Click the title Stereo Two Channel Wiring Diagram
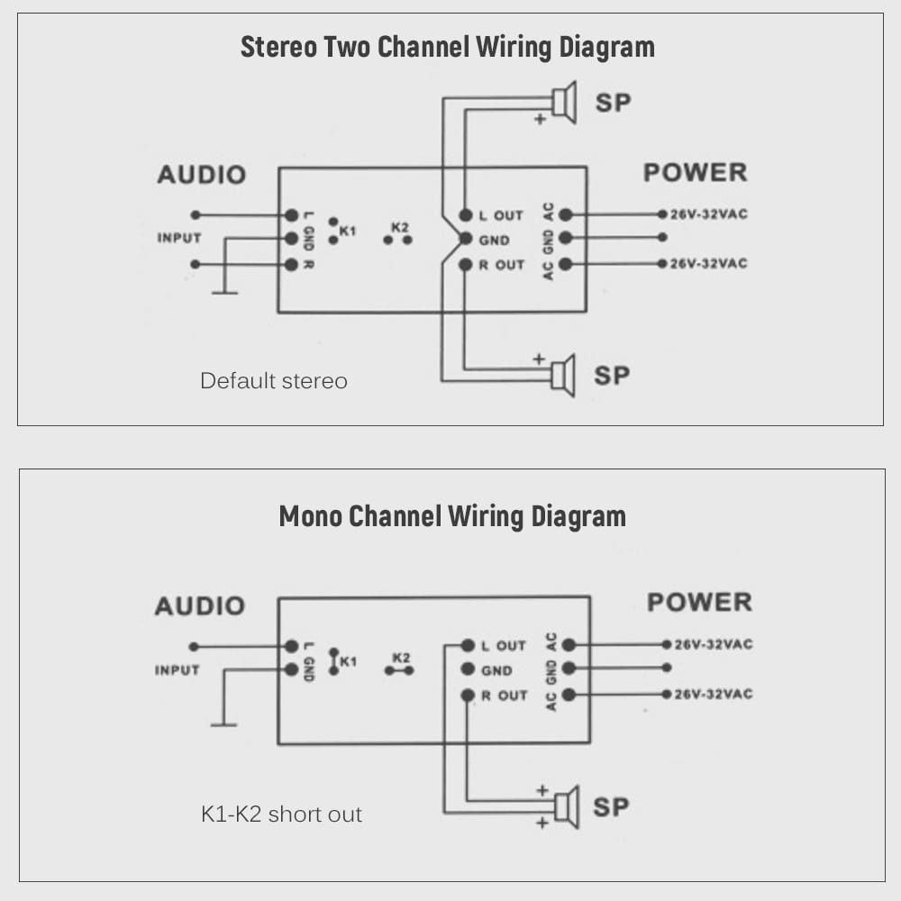point(447,47)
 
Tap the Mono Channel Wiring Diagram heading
point(451,516)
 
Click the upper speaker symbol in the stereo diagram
point(564,103)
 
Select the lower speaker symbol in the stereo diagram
point(563,376)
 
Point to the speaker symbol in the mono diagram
point(566,806)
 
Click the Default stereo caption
point(273,380)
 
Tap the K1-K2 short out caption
point(281,815)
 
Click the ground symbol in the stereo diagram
point(223,292)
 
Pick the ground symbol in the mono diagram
point(223,724)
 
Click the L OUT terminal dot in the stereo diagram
point(465,215)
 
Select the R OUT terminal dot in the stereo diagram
point(465,265)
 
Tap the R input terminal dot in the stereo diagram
point(291,265)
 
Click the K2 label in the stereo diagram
point(399,227)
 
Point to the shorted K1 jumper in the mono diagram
point(333,660)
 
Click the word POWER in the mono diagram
point(698,602)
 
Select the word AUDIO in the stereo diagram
point(201,174)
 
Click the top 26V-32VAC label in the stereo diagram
point(708,214)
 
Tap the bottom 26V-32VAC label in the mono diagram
point(714,695)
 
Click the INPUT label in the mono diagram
point(177,670)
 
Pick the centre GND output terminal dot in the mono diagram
point(467,669)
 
